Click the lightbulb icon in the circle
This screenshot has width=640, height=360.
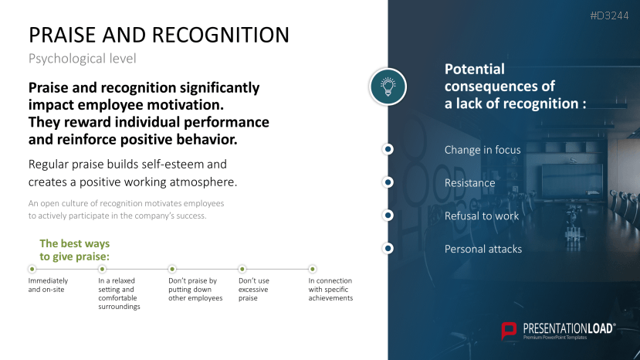pyautogui.click(x=388, y=87)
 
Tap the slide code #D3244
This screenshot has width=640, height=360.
pyautogui.click(x=609, y=15)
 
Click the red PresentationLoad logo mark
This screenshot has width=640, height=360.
pyautogui.click(x=509, y=331)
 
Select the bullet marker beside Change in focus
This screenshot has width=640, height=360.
pyautogui.click(x=388, y=149)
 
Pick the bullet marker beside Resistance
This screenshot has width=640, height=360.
pyautogui.click(x=388, y=182)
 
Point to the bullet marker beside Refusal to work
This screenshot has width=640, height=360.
pyautogui.click(x=388, y=216)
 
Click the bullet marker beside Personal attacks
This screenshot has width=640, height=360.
pyautogui.click(x=388, y=249)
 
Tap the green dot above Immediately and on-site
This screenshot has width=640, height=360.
pyautogui.click(x=32, y=269)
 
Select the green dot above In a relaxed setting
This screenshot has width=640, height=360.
pyautogui.click(x=103, y=269)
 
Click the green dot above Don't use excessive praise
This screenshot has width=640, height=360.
pyautogui.click(x=242, y=269)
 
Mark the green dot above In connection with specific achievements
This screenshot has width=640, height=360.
pyautogui.click(x=312, y=269)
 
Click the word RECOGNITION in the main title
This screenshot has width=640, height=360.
pyautogui.click(x=221, y=35)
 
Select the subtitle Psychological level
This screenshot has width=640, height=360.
pyautogui.click(x=82, y=59)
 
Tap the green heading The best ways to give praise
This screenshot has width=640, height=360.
pyautogui.click(x=75, y=250)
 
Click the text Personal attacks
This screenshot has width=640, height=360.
pyautogui.click(x=483, y=249)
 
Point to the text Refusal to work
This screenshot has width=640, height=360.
pyautogui.click(x=482, y=216)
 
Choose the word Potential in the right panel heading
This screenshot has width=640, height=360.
pyautogui.click(x=475, y=69)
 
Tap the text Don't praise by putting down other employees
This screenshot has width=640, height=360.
pyautogui.click(x=195, y=289)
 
